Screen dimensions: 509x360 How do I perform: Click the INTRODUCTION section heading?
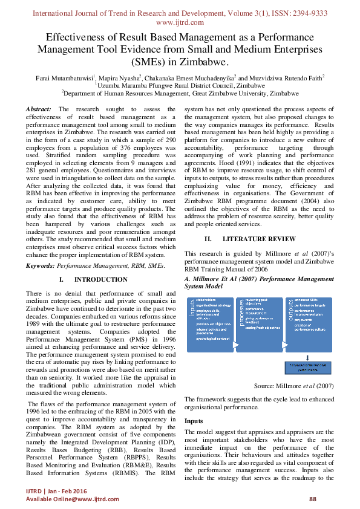point(100,280)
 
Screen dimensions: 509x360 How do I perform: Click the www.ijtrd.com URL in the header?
point(180,22)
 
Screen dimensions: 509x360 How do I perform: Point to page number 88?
point(313,499)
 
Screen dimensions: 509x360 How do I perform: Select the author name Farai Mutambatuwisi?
point(66,77)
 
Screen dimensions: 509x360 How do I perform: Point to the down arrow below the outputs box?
point(307,357)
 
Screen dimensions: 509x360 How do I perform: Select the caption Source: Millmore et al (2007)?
point(292,385)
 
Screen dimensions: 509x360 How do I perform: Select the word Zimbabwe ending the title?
point(204,62)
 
